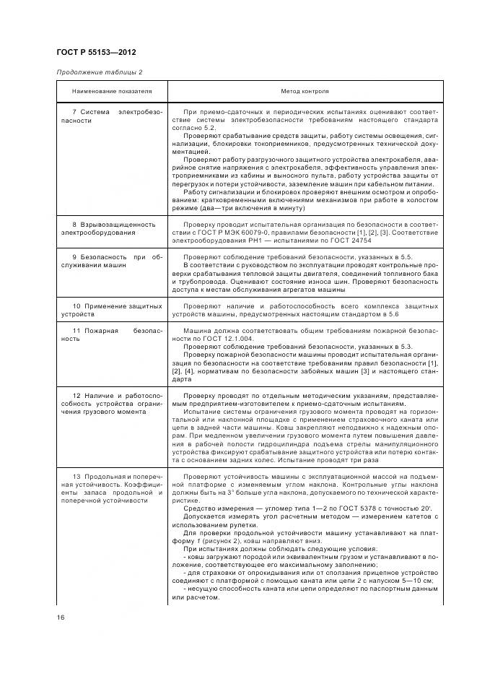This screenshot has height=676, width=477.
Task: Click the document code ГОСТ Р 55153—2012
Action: tap(97, 53)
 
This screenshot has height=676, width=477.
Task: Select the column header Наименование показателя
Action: tap(112, 92)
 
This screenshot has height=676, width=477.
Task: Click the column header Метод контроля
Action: tap(305, 92)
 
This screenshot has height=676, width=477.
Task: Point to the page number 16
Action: tap(61, 616)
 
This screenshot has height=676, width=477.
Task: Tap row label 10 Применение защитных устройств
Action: tap(112, 311)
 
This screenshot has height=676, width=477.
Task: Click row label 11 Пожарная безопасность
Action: tap(112, 334)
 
